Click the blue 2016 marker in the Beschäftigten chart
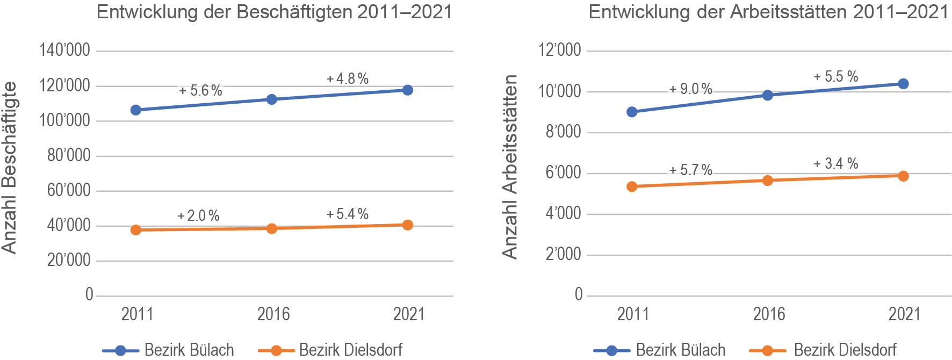[272, 99]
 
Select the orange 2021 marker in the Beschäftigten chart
[408, 225]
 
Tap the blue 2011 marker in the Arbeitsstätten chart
[632, 112]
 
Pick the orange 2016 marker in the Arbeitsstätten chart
[768, 181]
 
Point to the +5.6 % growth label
[200, 91]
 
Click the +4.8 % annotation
[348, 79]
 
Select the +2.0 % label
[198, 216]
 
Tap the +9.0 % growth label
[691, 89]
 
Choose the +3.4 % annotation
[835, 163]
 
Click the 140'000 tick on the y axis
[64, 51]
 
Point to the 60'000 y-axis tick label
[68, 190]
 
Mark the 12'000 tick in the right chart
[560, 51]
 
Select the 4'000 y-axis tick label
[563, 214]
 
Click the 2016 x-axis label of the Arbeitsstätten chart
[769, 314]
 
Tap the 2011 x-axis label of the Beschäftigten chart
[137, 314]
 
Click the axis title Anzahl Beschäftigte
[10, 167]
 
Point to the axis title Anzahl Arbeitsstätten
[510, 167]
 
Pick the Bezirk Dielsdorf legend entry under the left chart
[350, 350]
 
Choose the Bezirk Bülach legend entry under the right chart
[680, 350]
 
